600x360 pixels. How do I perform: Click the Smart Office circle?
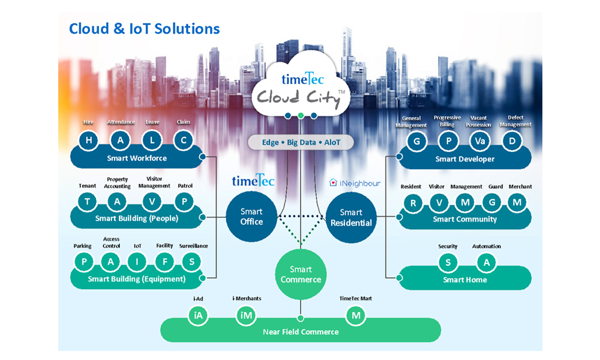click(x=252, y=217)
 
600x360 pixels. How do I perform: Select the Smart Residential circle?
click(x=351, y=217)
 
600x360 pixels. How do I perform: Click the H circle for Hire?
click(x=90, y=140)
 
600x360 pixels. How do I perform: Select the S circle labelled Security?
click(x=448, y=262)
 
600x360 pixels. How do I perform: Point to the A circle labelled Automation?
click(x=487, y=262)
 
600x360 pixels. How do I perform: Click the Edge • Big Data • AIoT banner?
click(x=301, y=142)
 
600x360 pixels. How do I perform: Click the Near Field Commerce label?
click(x=301, y=332)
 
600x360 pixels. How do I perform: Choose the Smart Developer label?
click(x=465, y=159)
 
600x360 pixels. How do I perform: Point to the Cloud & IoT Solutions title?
click(x=144, y=28)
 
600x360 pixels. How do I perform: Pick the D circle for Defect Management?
click(x=512, y=141)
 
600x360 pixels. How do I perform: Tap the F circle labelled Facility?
click(x=164, y=262)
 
